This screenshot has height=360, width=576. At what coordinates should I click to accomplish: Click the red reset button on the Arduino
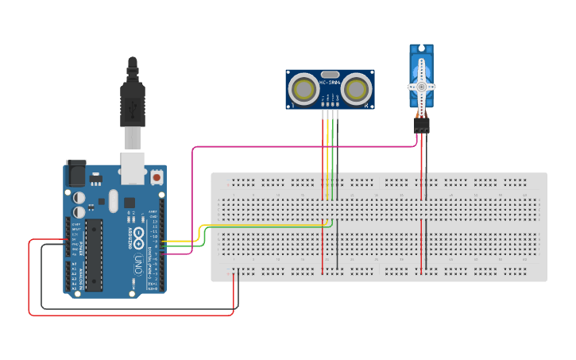tap(157, 176)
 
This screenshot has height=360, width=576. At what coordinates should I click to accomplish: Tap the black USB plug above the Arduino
tap(133, 99)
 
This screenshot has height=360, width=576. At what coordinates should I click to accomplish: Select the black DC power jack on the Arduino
tap(76, 173)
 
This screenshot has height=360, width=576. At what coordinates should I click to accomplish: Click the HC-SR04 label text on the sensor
tap(330, 82)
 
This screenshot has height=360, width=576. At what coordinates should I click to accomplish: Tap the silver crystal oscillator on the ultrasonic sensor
tap(330, 73)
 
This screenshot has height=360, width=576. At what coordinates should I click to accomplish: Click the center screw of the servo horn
tap(420, 87)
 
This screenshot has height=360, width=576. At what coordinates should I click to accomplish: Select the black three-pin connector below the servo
tap(421, 124)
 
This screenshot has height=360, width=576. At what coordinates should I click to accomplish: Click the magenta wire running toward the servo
tap(302, 146)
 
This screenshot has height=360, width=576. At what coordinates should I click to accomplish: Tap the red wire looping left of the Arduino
tap(29, 278)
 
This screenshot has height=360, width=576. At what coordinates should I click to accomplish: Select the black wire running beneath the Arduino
tap(135, 308)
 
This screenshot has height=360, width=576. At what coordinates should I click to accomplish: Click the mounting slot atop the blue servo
tap(420, 49)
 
